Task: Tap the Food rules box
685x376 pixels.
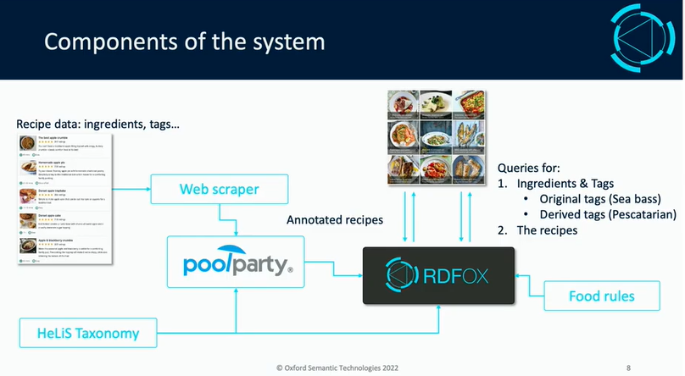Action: [602, 296]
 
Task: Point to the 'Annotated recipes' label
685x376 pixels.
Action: [335, 220]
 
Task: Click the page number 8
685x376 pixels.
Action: [628, 368]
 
